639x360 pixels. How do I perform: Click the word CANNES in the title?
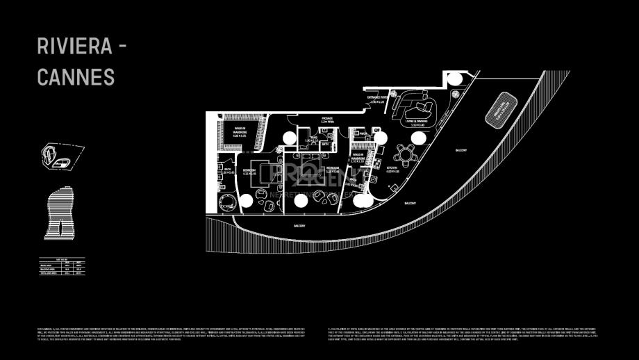(x=76, y=77)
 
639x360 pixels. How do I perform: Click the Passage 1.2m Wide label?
(x=328, y=120)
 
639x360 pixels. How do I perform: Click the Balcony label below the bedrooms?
(x=299, y=227)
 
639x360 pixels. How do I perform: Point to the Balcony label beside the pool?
(x=461, y=150)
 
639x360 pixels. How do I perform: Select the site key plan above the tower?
(x=58, y=156)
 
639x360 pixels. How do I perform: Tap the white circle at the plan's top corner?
(x=454, y=79)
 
